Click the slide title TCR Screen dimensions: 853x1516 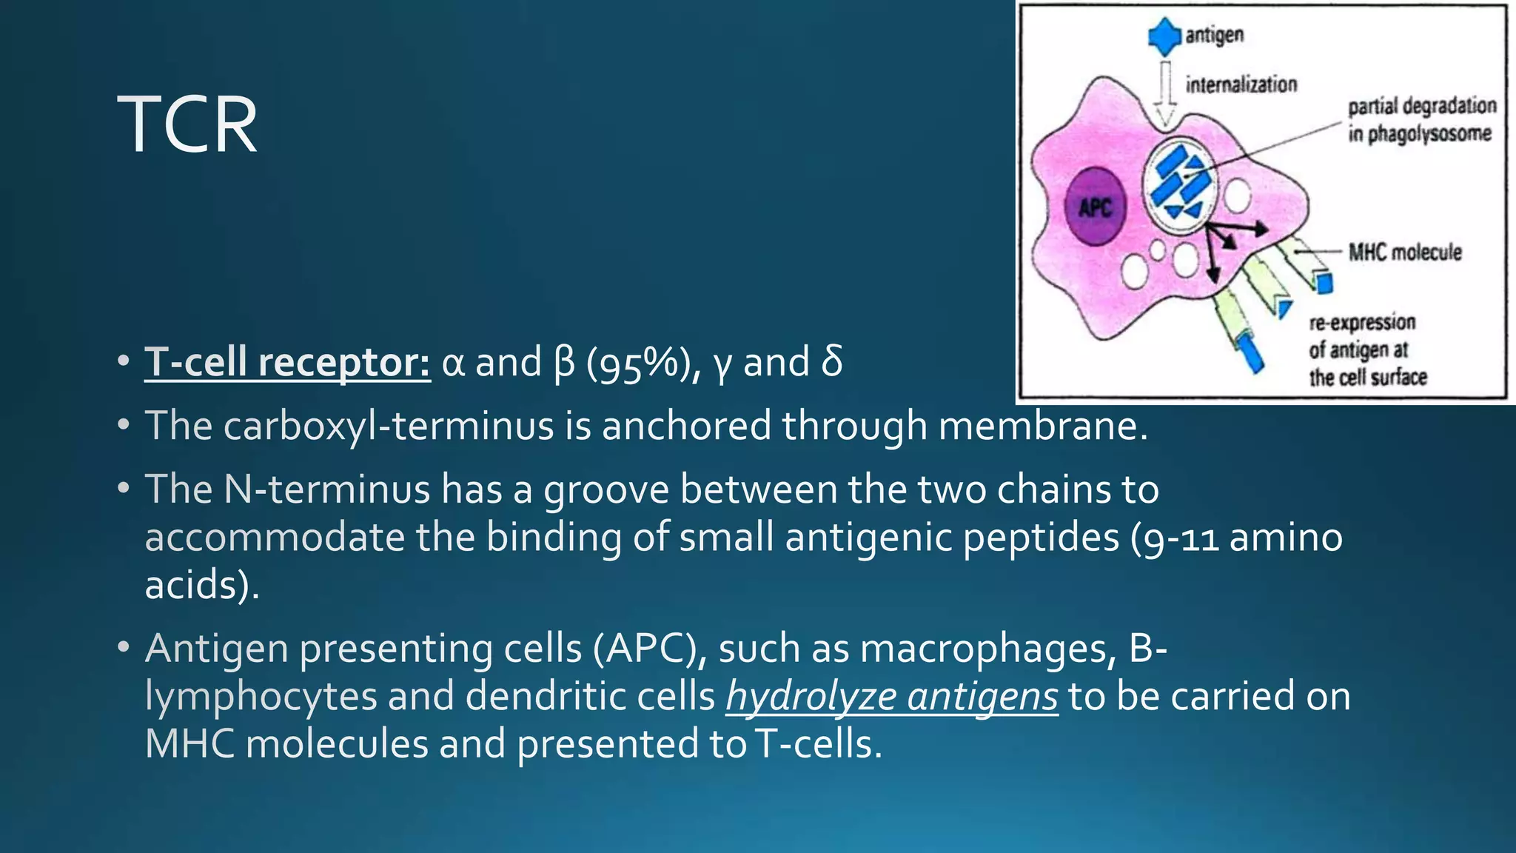pyautogui.click(x=187, y=124)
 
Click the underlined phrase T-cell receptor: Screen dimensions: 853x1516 pyautogui.click(x=287, y=363)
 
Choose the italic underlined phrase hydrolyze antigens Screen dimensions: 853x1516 pyautogui.click(x=891, y=697)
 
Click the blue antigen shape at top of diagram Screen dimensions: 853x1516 pyautogui.click(x=1164, y=36)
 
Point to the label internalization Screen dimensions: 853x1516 pyautogui.click(x=1241, y=84)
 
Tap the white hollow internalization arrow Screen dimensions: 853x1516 pyautogui.click(x=1166, y=93)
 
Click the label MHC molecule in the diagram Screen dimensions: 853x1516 pyautogui.click(x=1404, y=252)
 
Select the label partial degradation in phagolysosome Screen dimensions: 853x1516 pyautogui.click(x=1421, y=120)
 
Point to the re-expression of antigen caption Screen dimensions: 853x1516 pyautogui.click(x=1366, y=350)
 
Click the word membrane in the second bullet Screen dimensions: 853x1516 pyautogui.click(x=1043, y=426)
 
